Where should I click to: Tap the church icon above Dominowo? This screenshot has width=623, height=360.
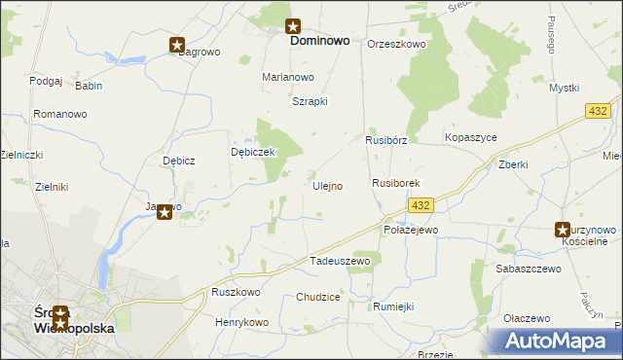pos(293,27)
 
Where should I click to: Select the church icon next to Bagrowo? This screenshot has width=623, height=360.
pos(177,45)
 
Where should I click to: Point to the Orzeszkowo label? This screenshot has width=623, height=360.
pos(396,44)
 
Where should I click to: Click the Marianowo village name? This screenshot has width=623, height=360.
pos(288,77)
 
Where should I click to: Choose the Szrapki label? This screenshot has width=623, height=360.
pos(310,101)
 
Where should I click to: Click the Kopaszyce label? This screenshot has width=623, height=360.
pos(470,138)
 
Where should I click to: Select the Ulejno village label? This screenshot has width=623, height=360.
pos(327,186)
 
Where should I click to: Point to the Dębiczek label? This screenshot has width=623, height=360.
pos(254,153)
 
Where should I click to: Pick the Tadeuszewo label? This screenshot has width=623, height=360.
pos(340,262)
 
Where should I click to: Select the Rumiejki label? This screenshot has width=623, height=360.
pos(393,306)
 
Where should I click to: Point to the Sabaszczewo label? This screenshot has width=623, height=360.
pos(529,269)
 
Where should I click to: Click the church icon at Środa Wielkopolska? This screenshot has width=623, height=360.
pos(61,314)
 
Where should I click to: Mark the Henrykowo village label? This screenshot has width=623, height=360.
pos(241,322)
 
